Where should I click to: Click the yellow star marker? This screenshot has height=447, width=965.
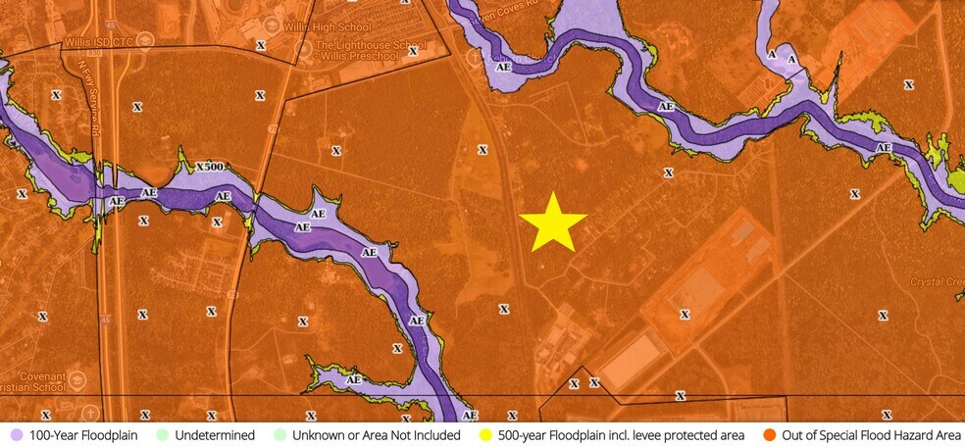pyautogui.click(x=553, y=223)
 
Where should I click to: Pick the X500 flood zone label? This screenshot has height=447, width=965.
pyautogui.click(x=210, y=167)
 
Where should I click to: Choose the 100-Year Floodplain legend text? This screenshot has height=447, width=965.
pyautogui.click(x=83, y=435)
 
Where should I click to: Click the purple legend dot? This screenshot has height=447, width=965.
pyautogui.click(x=15, y=435)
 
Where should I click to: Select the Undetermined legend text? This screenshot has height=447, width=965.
pyautogui.click(x=215, y=435)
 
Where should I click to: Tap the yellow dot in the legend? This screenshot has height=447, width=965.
pyautogui.click(x=484, y=435)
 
